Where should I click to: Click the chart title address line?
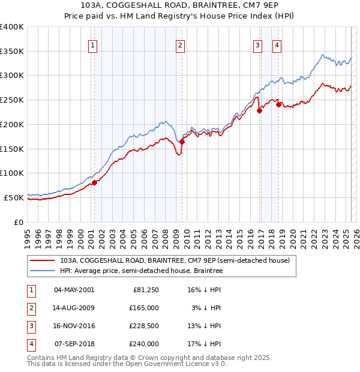[179, 5]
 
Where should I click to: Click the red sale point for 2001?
[94, 182]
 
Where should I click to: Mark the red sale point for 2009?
[182, 142]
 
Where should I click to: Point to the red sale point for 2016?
[260, 110]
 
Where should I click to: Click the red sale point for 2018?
[278, 105]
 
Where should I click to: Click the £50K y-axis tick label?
[14, 197]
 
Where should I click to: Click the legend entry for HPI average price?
[141, 271]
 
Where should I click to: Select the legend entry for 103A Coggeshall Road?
[175, 260]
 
